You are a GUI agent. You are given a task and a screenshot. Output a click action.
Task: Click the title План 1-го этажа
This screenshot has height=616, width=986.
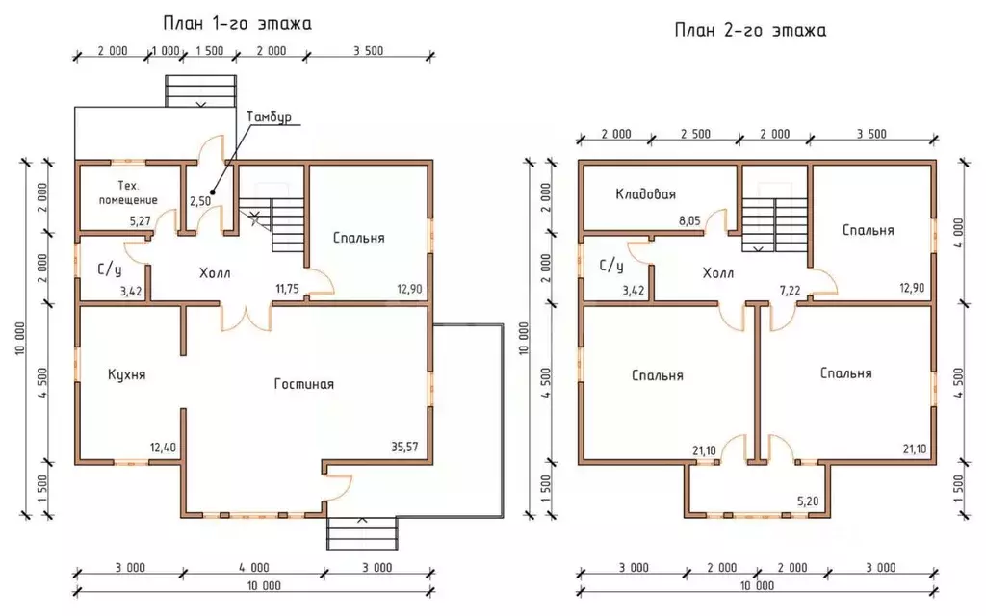(x=237, y=24)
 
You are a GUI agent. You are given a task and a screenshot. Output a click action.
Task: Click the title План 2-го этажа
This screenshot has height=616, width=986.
(x=750, y=30)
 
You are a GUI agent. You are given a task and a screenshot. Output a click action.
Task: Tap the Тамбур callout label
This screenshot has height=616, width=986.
(x=269, y=116)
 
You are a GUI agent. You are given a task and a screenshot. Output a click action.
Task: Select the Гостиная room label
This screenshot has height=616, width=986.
(x=303, y=384)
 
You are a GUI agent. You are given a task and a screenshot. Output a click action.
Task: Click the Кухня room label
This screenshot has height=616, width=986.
(x=126, y=374)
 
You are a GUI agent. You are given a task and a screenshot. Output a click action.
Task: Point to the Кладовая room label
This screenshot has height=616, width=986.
(x=646, y=194)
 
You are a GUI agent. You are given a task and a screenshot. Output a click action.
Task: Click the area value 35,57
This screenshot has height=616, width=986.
(x=404, y=447)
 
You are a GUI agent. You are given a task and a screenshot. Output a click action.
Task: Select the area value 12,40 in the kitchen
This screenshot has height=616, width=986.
(x=163, y=448)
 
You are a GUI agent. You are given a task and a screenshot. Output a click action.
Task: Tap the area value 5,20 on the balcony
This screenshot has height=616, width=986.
(x=808, y=500)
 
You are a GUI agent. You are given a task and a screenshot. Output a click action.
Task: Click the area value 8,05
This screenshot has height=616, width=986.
(x=689, y=220)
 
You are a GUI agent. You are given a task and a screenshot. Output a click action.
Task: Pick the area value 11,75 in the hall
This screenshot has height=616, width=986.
(x=287, y=289)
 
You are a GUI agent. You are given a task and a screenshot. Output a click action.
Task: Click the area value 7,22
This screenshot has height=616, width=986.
(x=790, y=291)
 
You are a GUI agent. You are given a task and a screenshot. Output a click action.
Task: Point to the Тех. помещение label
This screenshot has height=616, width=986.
(x=128, y=192)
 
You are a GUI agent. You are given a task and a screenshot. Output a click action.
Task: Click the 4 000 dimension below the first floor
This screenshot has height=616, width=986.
(x=254, y=568)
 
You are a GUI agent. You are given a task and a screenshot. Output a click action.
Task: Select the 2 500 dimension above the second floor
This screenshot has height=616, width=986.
(x=695, y=134)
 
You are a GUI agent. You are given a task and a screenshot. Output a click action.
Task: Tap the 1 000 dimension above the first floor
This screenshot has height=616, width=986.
(x=166, y=51)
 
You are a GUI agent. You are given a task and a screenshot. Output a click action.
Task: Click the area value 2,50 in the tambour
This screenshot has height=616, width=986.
(x=200, y=201)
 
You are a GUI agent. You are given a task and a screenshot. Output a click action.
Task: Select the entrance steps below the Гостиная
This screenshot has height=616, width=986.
(x=362, y=533)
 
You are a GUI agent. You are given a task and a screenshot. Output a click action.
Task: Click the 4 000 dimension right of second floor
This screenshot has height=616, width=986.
(x=958, y=233)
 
